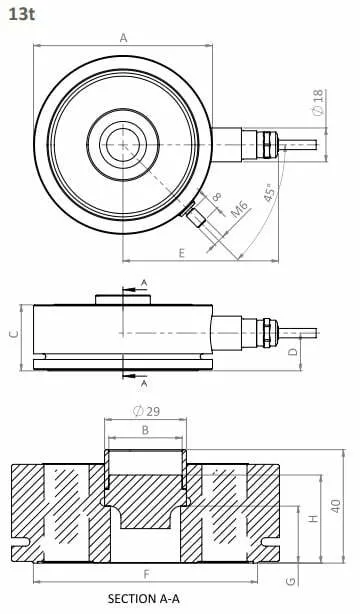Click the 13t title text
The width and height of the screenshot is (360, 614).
click(22, 14)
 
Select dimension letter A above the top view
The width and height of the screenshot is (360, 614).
click(123, 38)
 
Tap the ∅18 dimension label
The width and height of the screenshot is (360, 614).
click(319, 103)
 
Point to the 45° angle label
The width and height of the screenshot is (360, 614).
click(270, 192)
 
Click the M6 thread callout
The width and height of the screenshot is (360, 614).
click(239, 209)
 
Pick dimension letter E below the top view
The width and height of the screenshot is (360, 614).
click(181, 253)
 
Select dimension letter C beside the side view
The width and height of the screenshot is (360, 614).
click(14, 333)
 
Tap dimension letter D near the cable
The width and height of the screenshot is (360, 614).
click(293, 352)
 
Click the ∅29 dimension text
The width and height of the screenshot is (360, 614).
click(147, 411)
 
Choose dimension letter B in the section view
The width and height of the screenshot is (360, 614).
click(145, 430)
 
